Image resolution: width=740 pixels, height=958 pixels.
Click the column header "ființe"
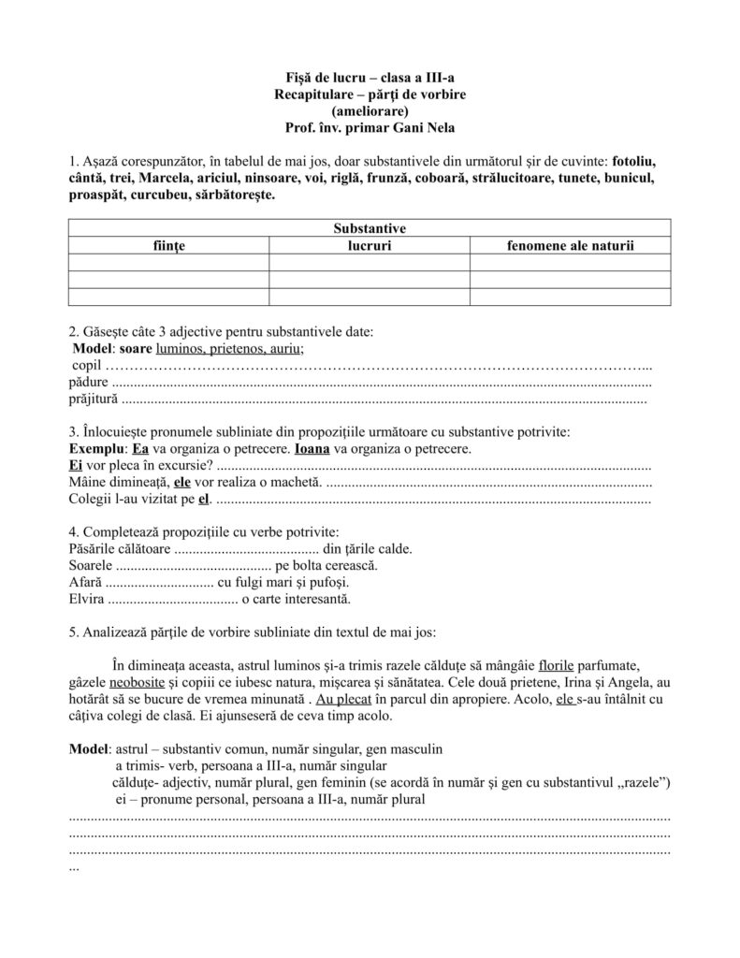pyautogui.click(x=169, y=245)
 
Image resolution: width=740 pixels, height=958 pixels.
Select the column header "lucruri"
pyautogui.click(x=370, y=245)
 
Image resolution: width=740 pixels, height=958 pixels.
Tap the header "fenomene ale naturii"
pyautogui.click(x=570, y=245)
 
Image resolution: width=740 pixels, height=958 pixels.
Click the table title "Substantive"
pyautogui.click(x=370, y=227)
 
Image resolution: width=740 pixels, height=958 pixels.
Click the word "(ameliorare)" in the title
pyautogui.click(x=370, y=111)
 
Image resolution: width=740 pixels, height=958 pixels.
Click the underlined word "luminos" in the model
pyautogui.click(x=182, y=347)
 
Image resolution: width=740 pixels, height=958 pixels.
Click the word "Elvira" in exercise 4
pyautogui.click(x=87, y=599)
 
